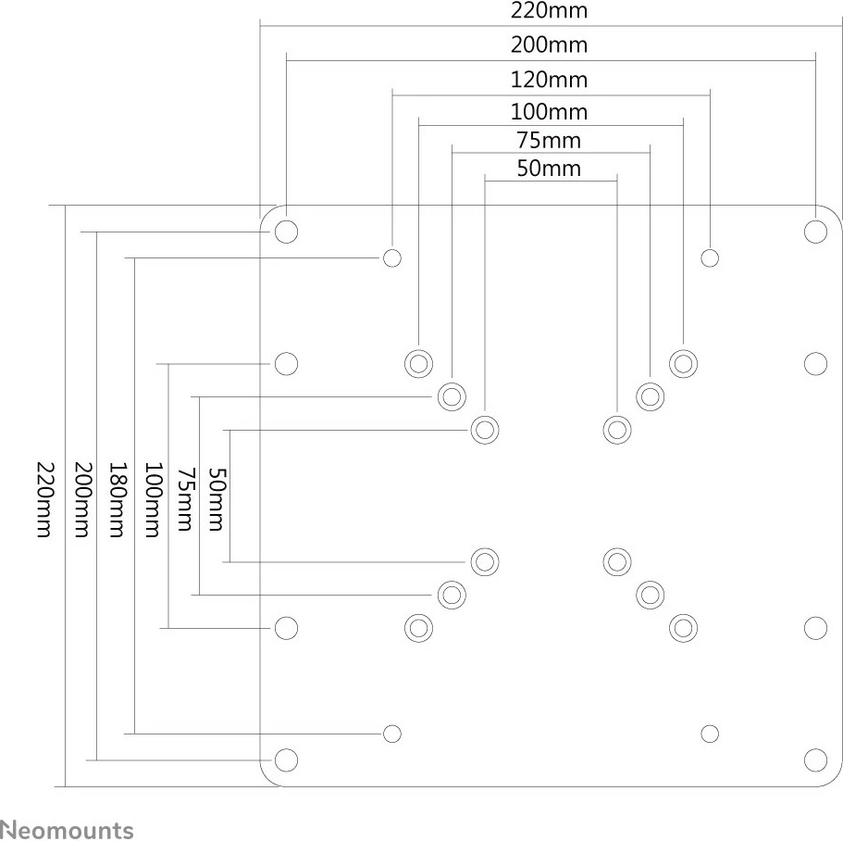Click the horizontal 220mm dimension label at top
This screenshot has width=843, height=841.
pos(549,11)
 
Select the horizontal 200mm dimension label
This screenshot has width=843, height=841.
pos(549,44)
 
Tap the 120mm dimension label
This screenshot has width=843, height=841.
pos(549,79)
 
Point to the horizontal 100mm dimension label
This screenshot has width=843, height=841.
pos(549,112)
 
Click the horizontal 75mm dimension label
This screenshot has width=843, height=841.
pos(549,140)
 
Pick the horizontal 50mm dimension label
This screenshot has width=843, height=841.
pos(549,168)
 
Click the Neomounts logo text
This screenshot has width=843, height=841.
pos(67,830)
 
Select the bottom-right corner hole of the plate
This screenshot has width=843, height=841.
pos(815,760)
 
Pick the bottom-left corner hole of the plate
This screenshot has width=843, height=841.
pos(287,760)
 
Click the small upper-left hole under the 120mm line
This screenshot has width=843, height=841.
pos(392,257)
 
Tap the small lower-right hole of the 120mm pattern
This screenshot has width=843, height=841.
pos(710,734)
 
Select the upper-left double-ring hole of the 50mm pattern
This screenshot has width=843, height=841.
pos(485,430)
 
